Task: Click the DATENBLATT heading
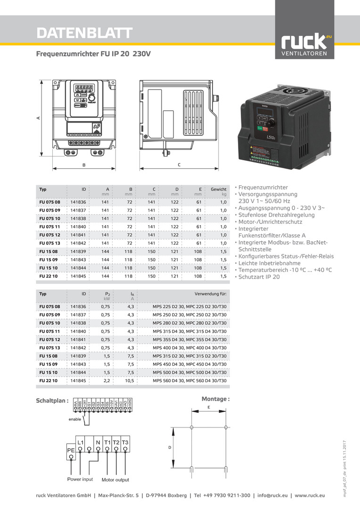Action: tap(84, 33)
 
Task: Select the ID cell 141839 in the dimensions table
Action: tap(78, 251)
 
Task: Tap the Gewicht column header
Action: tap(218, 189)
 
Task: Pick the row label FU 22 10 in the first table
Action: tap(49, 276)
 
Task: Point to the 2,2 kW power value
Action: tap(106, 380)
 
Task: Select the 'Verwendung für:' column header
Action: tap(211, 294)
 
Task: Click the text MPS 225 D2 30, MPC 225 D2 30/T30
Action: tap(189, 306)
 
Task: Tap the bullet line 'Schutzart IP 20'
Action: tap(259, 277)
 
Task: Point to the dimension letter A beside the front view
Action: tap(38, 118)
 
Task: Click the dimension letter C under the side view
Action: tap(179, 165)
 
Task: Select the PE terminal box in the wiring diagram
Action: tap(71, 450)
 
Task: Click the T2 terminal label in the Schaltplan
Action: tap(116, 443)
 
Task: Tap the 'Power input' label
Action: tap(80, 480)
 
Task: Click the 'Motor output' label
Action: tap(115, 480)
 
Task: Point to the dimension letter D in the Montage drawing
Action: tap(170, 447)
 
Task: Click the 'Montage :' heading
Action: tap(215, 399)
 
